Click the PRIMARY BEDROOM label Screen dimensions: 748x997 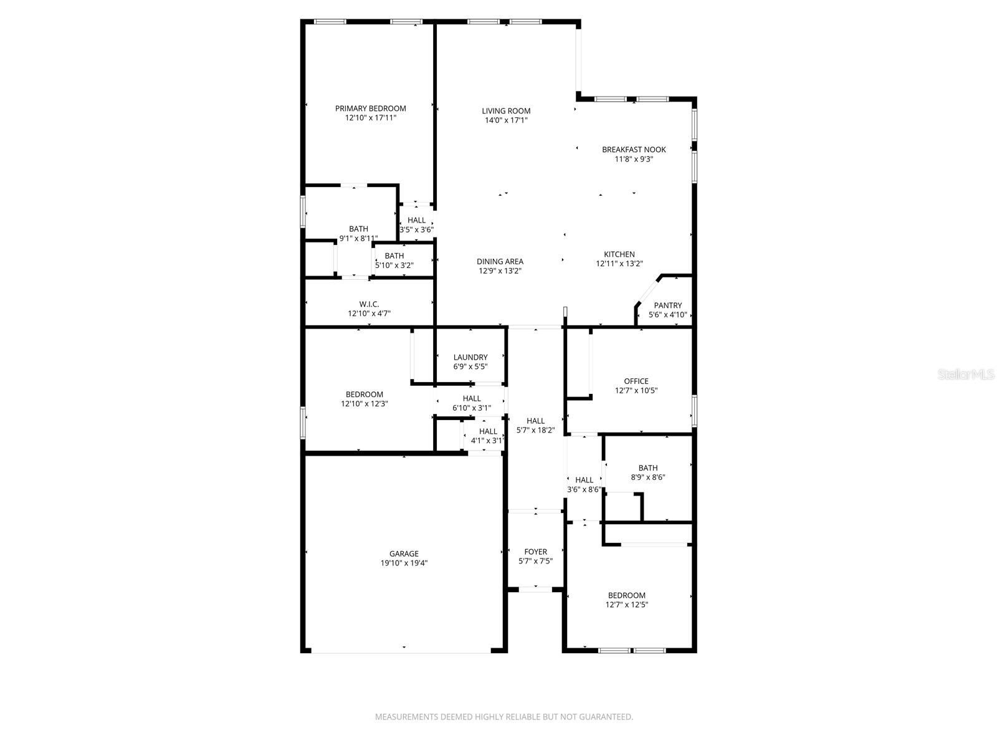[x=370, y=108]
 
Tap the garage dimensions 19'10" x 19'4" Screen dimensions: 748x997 [x=404, y=563]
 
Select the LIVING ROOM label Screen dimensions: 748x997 [x=506, y=111]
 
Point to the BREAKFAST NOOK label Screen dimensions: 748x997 [x=634, y=150]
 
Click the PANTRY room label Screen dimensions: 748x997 [x=667, y=305]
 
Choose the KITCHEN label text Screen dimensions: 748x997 [x=619, y=254]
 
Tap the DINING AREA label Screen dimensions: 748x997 [x=500, y=262]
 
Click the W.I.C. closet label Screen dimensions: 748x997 [x=369, y=304]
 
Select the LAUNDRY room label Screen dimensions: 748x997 [x=470, y=357]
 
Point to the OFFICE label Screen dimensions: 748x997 [x=636, y=381]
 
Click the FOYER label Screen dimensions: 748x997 [x=535, y=552]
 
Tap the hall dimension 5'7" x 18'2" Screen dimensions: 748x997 [x=535, y=430]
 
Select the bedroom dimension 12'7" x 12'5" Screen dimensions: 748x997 [x=627, y=605]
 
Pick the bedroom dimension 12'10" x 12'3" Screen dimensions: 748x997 [x=365, y=404]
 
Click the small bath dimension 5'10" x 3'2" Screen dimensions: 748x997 [x=394, y=266]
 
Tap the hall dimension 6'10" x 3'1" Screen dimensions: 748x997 [x=472, y=408]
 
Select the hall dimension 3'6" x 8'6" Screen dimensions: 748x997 [x=584, y=489]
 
